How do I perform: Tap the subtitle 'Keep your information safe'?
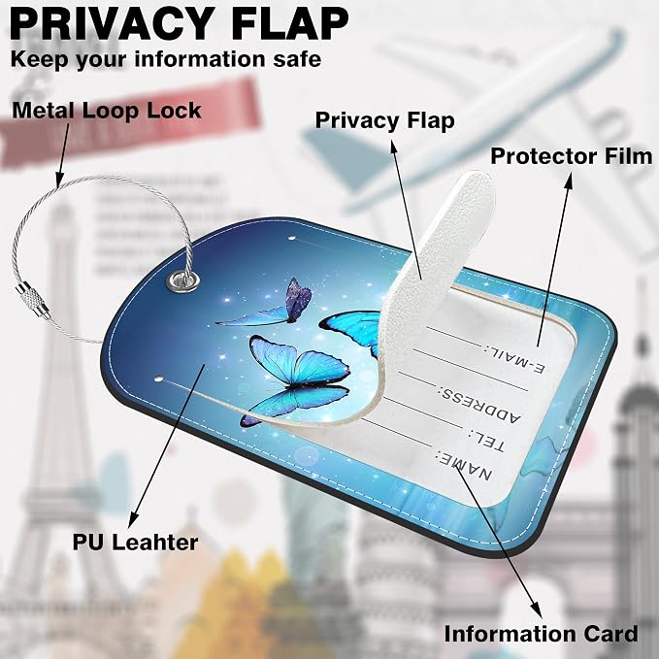tap(166, 59)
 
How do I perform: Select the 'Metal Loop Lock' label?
tap(107, 111)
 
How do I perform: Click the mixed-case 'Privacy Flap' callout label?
tap(384, 121)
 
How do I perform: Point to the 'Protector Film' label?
tap(572, 156)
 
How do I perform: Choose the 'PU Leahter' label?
tap(135, 543)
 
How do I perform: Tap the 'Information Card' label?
tap(541, 634)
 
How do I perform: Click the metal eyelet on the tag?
tap(183, 280)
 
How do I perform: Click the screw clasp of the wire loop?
tap(33, 301)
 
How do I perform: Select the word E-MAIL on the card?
tap(514, 360)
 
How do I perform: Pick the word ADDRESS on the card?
tap(479, 405)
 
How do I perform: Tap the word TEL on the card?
tap(486, 441)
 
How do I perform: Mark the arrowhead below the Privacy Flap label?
tap(394, 148)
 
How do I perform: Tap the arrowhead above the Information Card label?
tap(536, 610)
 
